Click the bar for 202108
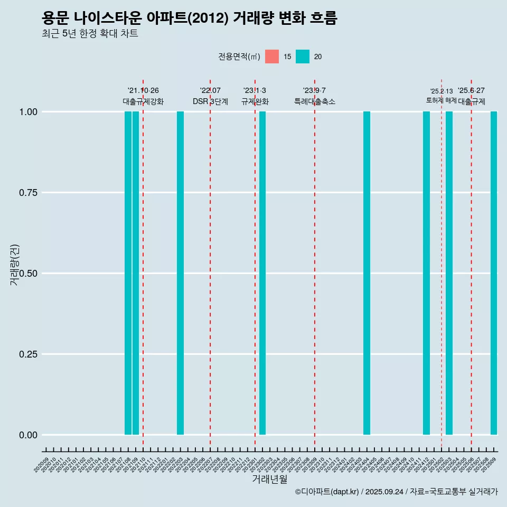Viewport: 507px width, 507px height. pyautogui.click(x=128, y=273)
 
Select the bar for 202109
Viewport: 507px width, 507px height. pyautogui.click(x=136, y=273)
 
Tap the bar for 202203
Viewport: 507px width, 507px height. pyautogui.click(x=180, y=273)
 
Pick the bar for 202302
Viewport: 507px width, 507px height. pyautogui.click(x=262, y=273)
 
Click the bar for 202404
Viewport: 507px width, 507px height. pyautogui.click(x=367, y=273)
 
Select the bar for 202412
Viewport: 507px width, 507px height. pyautogui.click(x=426, y=273)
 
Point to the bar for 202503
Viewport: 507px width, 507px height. pyautogui.click(x=449, y=273)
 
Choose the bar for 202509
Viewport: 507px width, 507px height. pyautogui.click(x=494, y=273)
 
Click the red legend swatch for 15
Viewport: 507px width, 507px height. pyautogui.click(x=272, y=57)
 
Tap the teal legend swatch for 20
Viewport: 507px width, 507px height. pyautogui.click(x=303, y=57)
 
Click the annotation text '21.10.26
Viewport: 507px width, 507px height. pyautogui.click(x=143, y=91)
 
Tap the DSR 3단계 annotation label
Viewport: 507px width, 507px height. pyautogui.click(x=210, y=101)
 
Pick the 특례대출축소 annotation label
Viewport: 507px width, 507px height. pyautogui.click(x=315, y=101)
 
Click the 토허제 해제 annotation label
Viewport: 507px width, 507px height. pyautogui.click(x=442, y=100)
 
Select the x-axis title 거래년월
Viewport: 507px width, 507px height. pyautogui.click(x=269, y=480)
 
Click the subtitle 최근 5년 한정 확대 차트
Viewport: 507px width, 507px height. pyautogui.click(x=90, y=34)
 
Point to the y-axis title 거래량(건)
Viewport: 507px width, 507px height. pyautogui.click(x=14, y=264)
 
